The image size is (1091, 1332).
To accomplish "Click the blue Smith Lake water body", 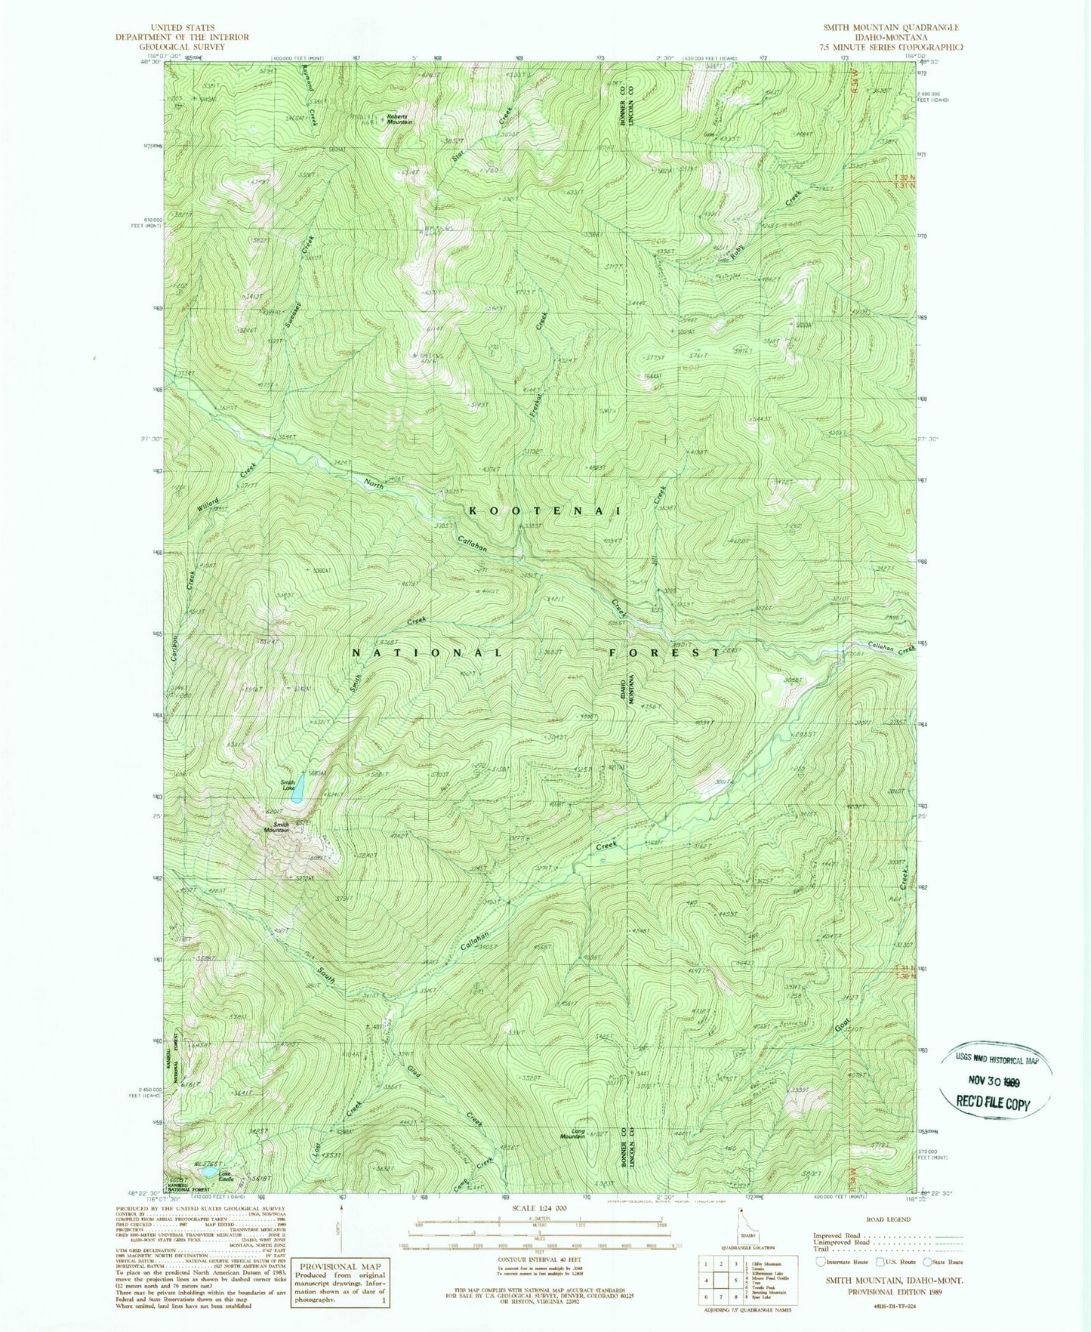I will click(x=299, y=790).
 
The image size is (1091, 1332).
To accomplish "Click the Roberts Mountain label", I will click(x=400, y=119).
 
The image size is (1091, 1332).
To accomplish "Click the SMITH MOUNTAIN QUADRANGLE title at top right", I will click(x=891, y=27).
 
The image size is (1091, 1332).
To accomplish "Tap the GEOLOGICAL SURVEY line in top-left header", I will click(x=181, y=47).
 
